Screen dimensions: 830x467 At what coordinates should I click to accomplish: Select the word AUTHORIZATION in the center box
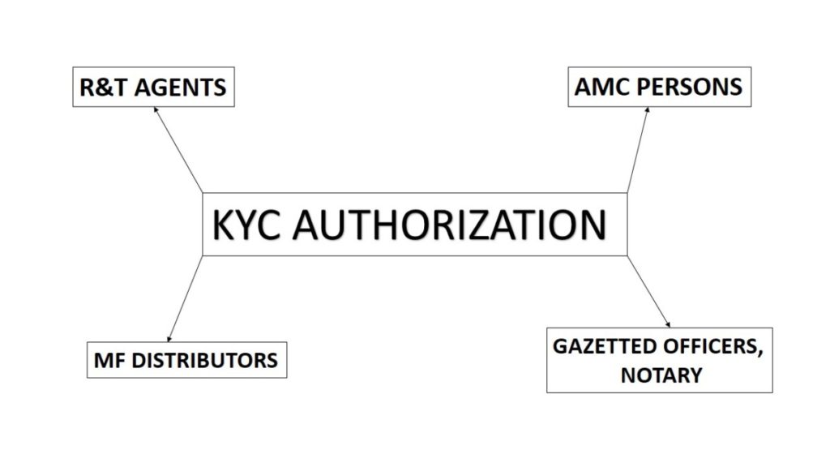point(449,225)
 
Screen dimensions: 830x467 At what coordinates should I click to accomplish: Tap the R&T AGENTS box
point(153,87)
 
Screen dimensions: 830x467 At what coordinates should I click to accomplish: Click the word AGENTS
point(180,88)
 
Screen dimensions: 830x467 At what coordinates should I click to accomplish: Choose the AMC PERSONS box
point(660,87)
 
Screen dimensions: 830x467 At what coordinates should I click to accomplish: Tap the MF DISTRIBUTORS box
point(187,360)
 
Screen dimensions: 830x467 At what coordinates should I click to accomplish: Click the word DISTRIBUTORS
point(204,361)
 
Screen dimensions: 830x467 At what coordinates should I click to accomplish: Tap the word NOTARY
point(661,375)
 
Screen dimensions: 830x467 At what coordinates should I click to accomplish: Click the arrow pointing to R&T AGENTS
point(178,150)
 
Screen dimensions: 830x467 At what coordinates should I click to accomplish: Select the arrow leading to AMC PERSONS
point(638,150)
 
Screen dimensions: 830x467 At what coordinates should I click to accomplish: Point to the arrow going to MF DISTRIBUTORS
point(185,299)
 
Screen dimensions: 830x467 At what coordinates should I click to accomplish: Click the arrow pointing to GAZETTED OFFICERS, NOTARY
point(648,292)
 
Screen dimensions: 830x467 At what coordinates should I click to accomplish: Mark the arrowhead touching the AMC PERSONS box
point(647,109)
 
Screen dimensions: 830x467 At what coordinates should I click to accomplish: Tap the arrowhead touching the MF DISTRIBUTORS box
point(169,340)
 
